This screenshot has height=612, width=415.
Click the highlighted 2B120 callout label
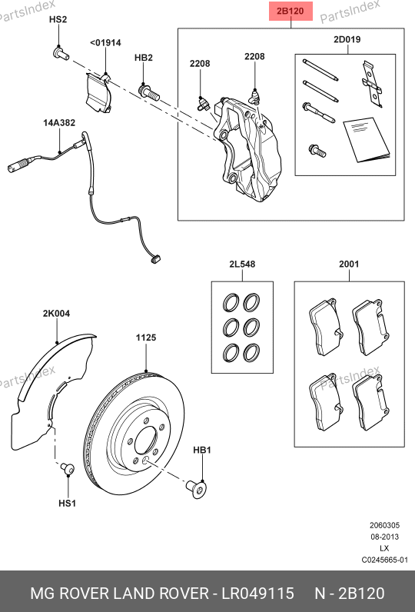click(x=290, y=11)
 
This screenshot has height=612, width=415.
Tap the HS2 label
click(x=58, y=19)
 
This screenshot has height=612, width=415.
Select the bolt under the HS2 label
click(x=61, y=54)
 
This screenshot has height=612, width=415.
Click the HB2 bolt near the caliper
click(x=148, y=92)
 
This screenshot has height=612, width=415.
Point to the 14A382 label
click(x=59, y=123)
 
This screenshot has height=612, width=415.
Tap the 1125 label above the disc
click(x=146, y=338)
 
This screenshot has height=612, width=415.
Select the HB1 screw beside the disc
click(x=196, y=487)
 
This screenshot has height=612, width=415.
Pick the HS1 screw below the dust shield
click(x=67, y=468)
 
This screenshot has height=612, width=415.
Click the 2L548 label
click(x=242, y=264)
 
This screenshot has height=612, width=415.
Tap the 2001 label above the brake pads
click(x=349, y=264)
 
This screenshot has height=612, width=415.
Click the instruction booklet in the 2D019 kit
click(x=367, y=139)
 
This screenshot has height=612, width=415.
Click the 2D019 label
click(x=347, y=39)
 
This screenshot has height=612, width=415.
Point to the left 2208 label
click(x=200, y=64)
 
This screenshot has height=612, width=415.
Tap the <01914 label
click(x=106, y=43)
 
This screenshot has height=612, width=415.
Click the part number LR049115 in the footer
click(x=257, y=594)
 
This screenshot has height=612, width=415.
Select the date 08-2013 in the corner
click(x=384, y=537)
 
